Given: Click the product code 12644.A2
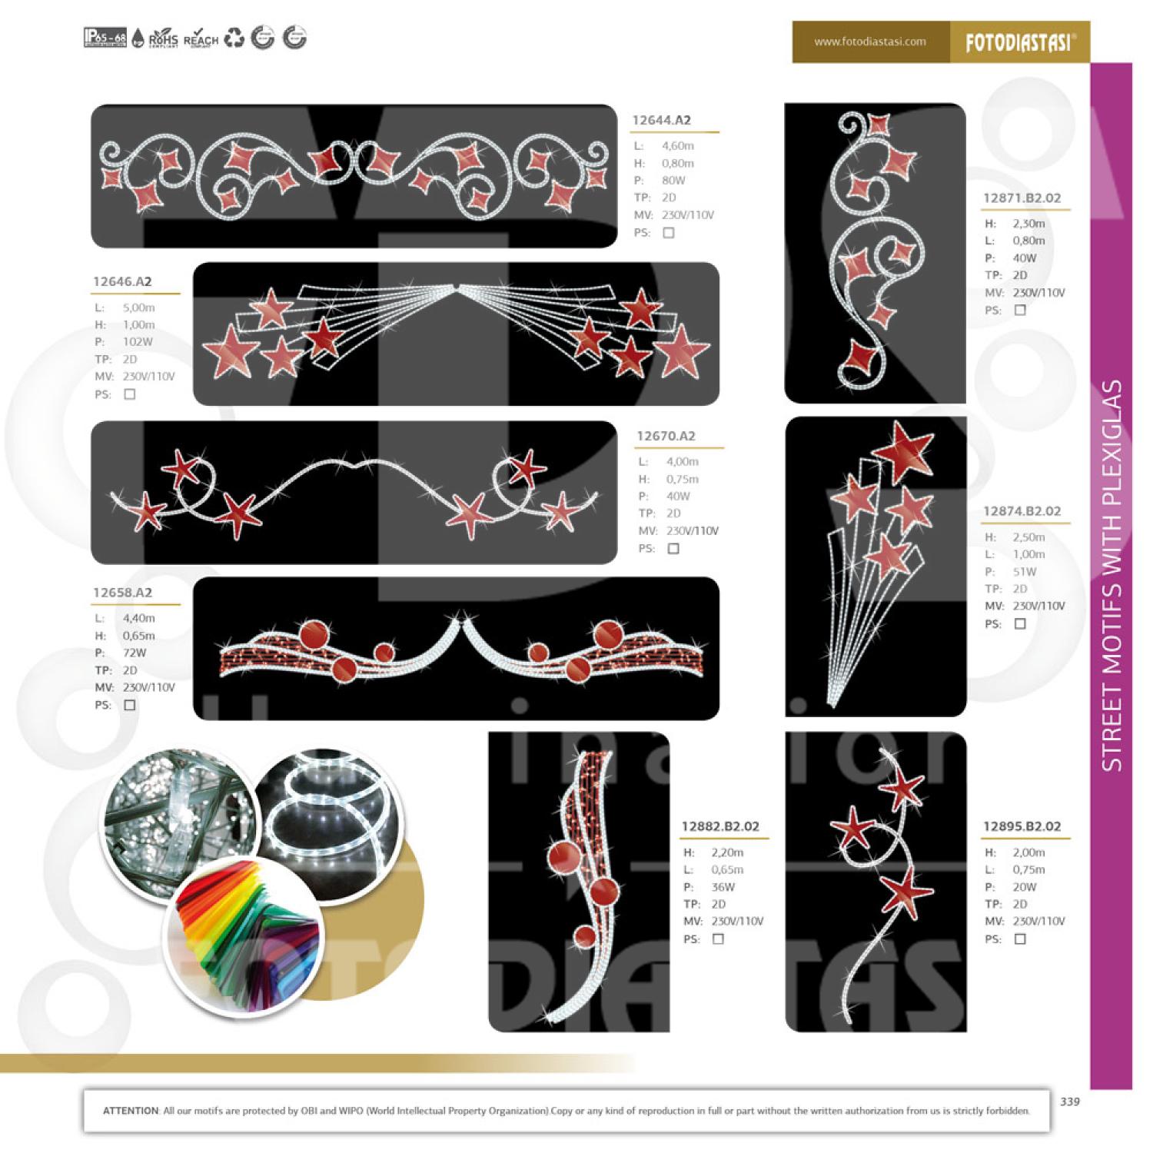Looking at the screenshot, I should pyautogui.click(x=661, y=120).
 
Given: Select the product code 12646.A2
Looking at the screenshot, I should pyautogui.click(x=122, y=281).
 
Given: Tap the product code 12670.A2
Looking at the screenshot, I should pyautogui.click(x=666, y=436).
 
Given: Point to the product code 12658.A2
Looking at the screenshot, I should pyautogui.click(x=122, y=593).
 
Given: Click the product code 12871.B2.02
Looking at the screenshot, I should pyautogui.click(x=1022, y=198).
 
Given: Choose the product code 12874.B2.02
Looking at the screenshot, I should pyautogui.click(x=1022, y=511).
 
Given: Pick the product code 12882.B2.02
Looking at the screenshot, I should pyautogui.click(x=720, y=826).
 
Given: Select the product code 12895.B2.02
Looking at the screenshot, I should pyautogui.click(x=1022, y=826).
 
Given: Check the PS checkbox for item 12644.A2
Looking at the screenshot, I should pyautogui.click(x=669, y=233).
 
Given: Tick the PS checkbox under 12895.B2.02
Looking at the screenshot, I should pyautogui.click(x=1020, y=939).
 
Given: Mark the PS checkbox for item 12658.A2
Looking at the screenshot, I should pyautogui.click(x=130, y=705).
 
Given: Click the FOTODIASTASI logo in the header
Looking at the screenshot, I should pyautogui.click(x=1019, y=42).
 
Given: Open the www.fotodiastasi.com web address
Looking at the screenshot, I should pyautogui.click(x=870, y=42).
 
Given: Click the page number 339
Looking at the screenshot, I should pyautogui.click(x=1069, y=1101).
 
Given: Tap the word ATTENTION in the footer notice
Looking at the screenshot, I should pyautogui.click(x=131, y=1111).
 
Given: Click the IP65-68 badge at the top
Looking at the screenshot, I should pyautogui.click(x=105, y=38).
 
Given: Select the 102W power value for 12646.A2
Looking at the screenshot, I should pyautogui.click(x=138, y=341).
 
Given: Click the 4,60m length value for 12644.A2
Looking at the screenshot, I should pyautogui.click(x=677, y=145).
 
